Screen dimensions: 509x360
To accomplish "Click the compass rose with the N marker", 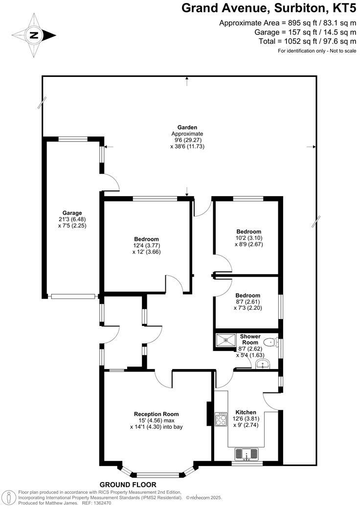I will [34, 35].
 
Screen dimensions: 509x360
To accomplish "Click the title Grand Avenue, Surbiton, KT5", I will [269, 8].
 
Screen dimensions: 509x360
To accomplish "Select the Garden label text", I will [187, 127].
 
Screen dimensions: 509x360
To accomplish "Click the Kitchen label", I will [246, 412].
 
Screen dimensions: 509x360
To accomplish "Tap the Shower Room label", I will [249, 340].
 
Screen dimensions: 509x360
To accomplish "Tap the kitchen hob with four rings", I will [221, 419].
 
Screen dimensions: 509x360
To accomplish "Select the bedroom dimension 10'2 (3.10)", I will [248, 238].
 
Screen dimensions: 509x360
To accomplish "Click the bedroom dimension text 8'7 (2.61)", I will [247, 302].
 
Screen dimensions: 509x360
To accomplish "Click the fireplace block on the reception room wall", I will [209, 414].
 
